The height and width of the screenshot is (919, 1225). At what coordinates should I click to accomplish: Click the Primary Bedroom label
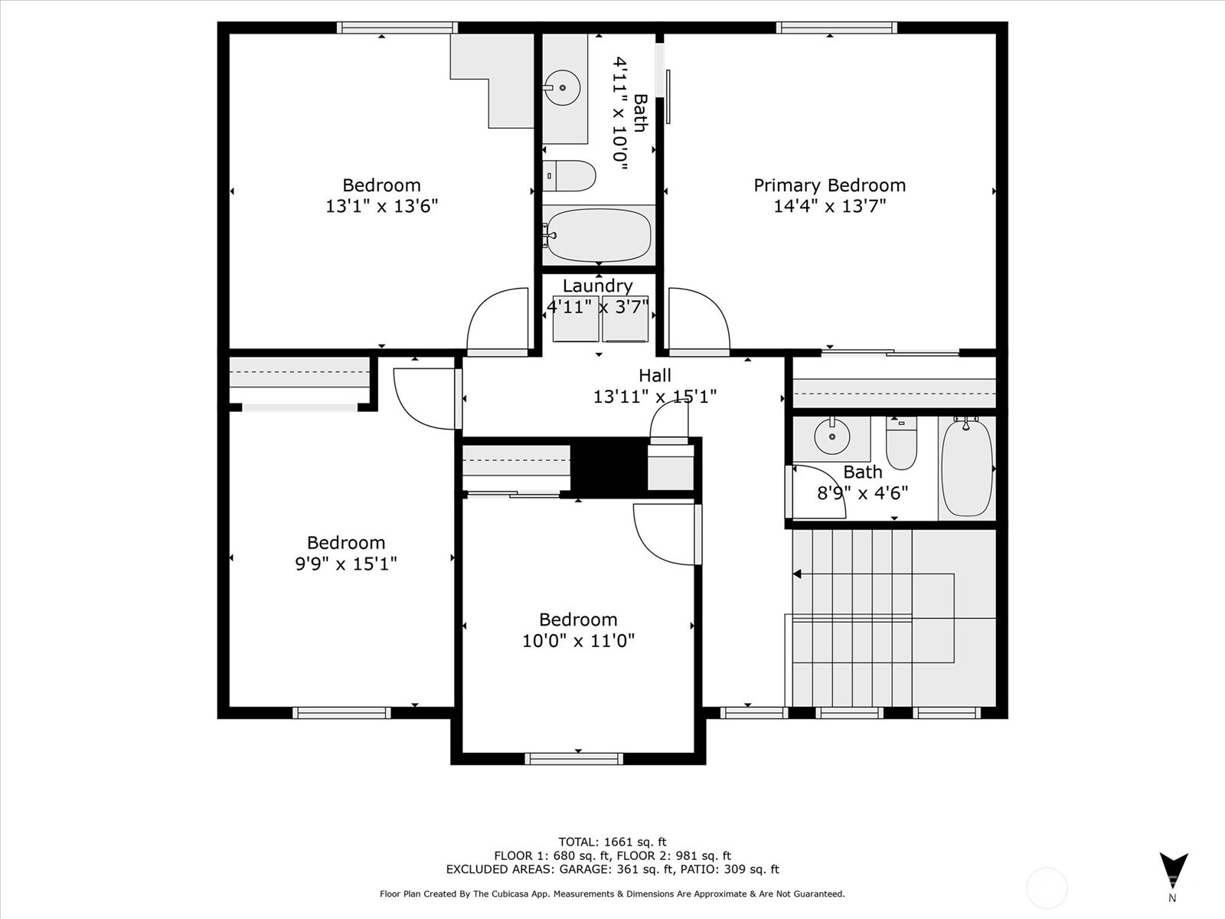pos(829,185)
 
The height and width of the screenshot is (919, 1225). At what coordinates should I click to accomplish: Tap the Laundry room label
pos(597,286)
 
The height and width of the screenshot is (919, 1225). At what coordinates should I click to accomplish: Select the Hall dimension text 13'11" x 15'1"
pos(655,397)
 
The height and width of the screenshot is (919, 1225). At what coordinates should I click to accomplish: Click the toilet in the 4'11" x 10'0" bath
pos(569,176)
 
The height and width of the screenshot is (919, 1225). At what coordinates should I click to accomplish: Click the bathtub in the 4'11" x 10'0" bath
pos(599,235)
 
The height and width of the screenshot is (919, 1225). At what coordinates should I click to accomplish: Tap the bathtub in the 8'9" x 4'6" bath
pos(966,467)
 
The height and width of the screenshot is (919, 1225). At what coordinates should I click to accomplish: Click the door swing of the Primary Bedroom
pos(697,320)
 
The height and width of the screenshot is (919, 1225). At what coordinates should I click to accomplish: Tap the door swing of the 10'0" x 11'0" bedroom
pos(665,534)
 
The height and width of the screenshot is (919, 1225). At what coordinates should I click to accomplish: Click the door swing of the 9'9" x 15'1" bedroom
pos(425,398)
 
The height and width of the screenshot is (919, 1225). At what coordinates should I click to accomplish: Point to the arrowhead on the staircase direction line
pos(797,574)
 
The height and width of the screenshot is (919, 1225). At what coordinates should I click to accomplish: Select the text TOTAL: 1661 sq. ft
pos(612,842)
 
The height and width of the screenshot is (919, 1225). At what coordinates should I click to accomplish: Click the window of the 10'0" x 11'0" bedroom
pos(574,758)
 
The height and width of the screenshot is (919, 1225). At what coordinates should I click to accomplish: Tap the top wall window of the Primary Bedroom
pos(836,28)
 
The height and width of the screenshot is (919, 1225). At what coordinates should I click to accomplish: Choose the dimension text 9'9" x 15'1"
pos(345,564)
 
